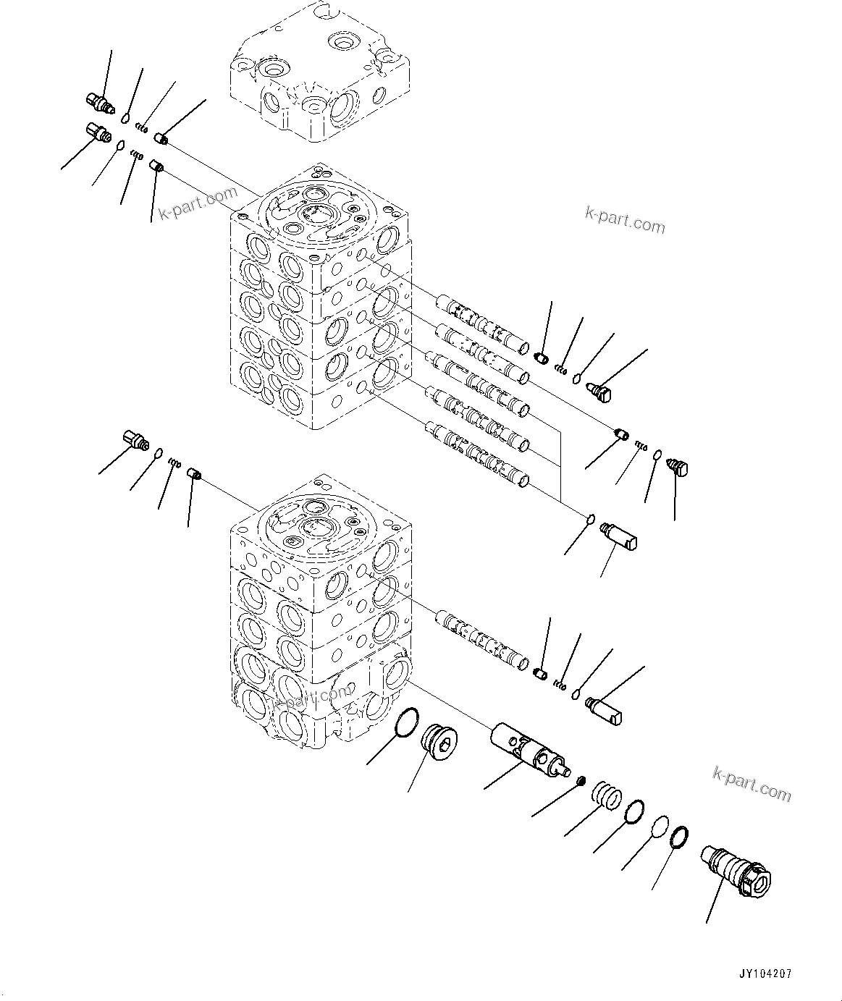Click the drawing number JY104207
765,973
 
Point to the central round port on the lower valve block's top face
314,526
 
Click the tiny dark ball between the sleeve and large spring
580,780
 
